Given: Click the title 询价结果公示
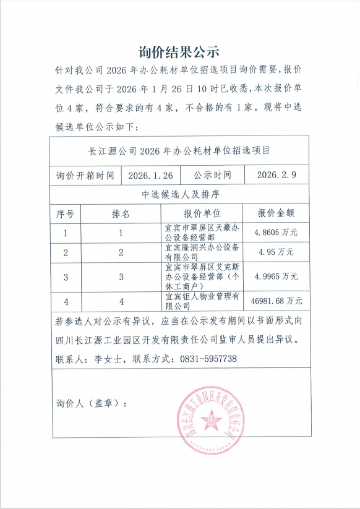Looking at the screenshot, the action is (x=179, y=50).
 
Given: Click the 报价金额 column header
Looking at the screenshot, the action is (x=275, y=214).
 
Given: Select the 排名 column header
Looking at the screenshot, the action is (x=121, y=214).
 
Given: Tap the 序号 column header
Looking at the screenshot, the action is (x=66, y=214).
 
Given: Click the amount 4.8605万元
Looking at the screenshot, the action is (x=275, y=233).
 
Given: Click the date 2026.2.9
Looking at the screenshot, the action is (x=276, y=175).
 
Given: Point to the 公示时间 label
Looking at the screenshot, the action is (x=212, y=175).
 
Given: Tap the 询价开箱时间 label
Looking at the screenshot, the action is (x=85, y=175).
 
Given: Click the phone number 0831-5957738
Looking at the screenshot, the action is (x=208, y=359).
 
